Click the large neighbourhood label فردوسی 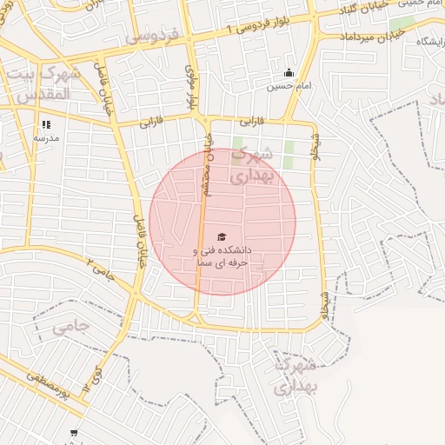[x=152, y=36]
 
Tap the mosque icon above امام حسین [x=289, y=72]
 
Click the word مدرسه [x=46, y=137]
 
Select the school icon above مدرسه [x=46, y=124]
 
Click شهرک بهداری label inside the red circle [x=255, y=164]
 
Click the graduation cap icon [x=222, y=236]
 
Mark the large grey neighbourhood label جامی [x=70, y=327]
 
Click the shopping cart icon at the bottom [x=74, y=432]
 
